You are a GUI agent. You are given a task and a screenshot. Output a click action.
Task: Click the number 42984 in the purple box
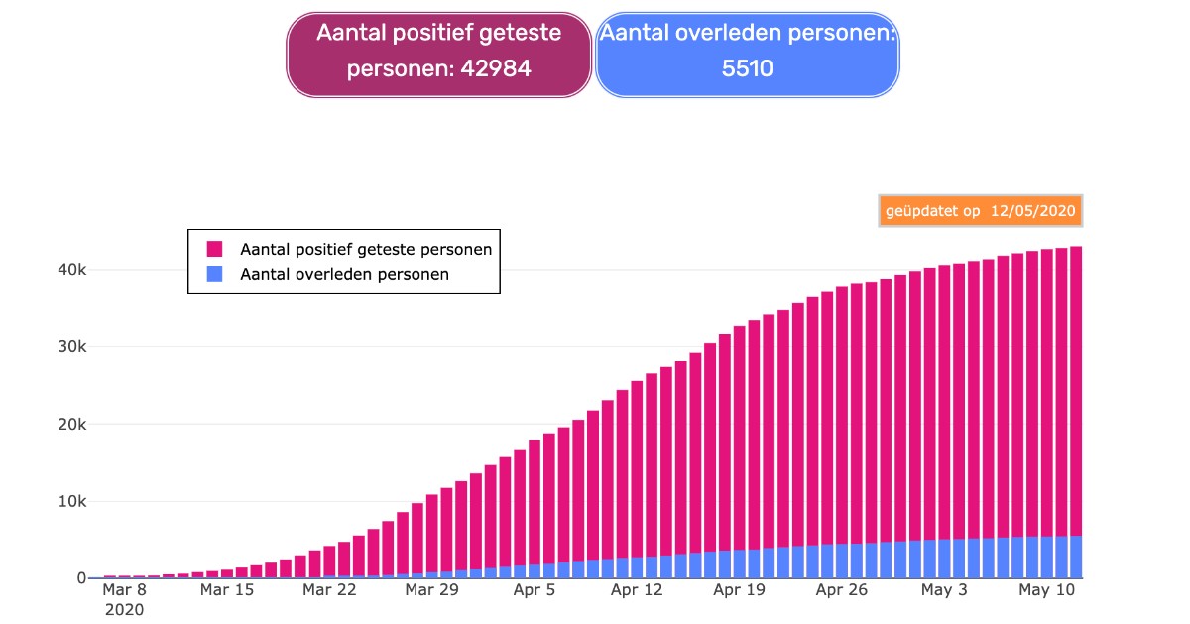coord(496,68)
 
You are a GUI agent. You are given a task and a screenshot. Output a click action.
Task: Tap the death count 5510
coord(748,68)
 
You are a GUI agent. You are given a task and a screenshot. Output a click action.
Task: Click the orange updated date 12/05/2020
coord(1032,211)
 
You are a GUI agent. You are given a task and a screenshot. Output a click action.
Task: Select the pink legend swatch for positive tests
coord(214,249)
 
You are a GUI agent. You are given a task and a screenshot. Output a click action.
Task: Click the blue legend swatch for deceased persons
coord(214,274)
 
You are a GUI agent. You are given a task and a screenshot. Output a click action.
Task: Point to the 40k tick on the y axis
coord(71,270)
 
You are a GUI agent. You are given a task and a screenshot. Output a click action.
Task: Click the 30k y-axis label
coord(71,346)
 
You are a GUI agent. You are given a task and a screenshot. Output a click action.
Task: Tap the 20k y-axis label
coord(71,425)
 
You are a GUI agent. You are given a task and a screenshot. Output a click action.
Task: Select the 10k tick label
coord(71,501)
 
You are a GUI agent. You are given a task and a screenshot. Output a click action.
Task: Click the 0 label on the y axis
coord(81,577)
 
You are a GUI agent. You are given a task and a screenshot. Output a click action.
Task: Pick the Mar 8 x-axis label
coord(124,589)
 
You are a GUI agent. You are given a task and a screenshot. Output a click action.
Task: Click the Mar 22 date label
coord(329,589)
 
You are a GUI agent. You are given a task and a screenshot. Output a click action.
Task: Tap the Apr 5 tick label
coord(535,589)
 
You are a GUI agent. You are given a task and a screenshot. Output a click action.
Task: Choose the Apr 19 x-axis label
coord(740,589)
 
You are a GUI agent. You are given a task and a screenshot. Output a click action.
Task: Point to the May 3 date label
coord(944,589)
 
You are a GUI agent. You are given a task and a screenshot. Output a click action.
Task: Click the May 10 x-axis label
coord(1047,589)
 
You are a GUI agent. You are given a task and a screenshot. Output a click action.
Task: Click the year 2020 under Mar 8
coord(124,610)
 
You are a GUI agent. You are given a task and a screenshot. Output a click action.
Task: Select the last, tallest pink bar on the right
coord(1076,391)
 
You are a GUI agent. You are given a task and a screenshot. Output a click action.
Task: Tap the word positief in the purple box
coord(432,34)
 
